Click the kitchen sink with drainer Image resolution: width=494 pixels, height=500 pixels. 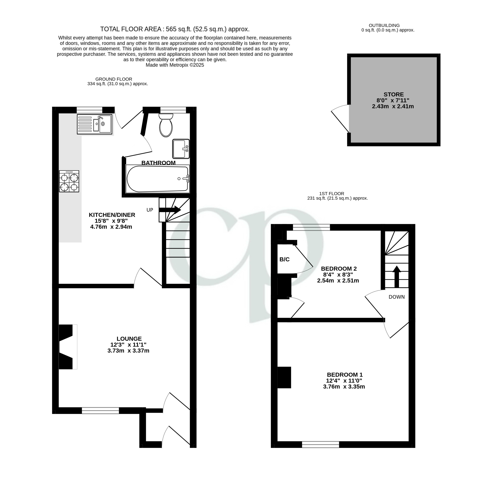pos(94,124)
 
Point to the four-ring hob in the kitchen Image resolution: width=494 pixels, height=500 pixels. pos(69,181)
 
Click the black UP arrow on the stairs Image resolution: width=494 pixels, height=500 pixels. pos(170,210)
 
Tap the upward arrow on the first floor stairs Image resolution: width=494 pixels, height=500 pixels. pos(396,276)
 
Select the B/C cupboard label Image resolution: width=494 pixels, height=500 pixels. pos(284,259)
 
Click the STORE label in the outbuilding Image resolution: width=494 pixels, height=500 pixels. pos(394,94)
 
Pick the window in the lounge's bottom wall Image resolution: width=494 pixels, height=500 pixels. pos(100,410)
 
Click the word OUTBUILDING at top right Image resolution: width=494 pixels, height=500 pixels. pos(384,25)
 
